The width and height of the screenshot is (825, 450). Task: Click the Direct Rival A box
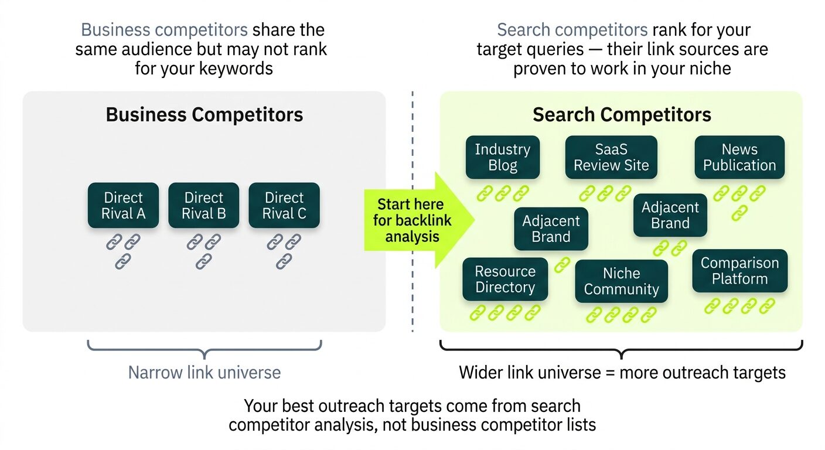[123, 206]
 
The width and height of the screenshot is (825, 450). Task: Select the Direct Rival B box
[203, 206]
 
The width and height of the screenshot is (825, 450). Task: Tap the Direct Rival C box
[284, 206]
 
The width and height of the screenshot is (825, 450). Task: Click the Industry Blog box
[502, 158]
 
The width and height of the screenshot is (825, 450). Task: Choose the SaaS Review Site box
[611, 158]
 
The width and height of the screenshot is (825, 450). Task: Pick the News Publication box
[739, 158]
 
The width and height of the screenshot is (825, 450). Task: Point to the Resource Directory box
[505, 279]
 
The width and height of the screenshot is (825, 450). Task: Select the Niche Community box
[621, 281]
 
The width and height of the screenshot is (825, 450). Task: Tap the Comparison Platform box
[739, 271]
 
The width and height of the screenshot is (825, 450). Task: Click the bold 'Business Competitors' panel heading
[204, 114]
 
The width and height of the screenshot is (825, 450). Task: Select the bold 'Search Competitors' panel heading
[622, 114]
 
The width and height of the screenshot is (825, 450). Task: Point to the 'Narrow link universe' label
[204, 372]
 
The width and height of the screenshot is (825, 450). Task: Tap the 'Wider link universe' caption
[622, 372]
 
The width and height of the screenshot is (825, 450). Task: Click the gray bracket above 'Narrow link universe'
[204, 349]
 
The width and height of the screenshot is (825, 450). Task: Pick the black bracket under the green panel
[621, 349]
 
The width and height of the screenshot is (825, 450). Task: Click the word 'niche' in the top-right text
[708, 69]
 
